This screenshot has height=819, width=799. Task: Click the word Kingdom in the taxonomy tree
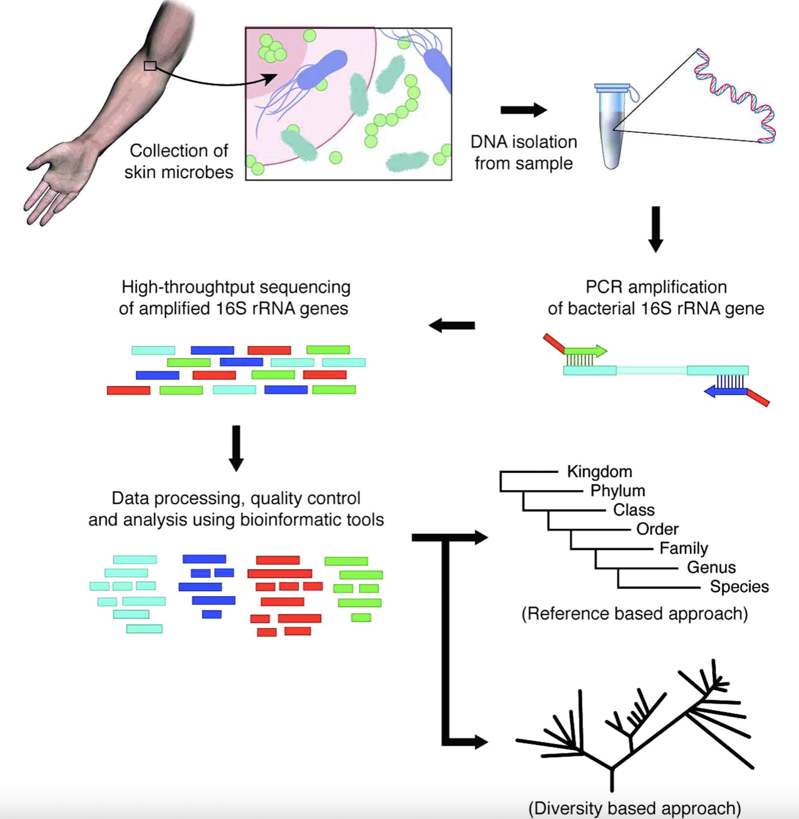click(600, 472)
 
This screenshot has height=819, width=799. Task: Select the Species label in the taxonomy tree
click(739, 587)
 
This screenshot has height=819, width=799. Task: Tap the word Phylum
click(618, 491)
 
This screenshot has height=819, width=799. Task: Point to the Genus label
click(711, 567)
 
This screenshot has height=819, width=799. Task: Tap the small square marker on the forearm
click(150, 66)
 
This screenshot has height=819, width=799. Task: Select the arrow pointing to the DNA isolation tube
click(524, 110)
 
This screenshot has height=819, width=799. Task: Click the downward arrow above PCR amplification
click(656, 229)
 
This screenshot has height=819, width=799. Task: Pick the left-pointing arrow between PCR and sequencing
click(452, 325)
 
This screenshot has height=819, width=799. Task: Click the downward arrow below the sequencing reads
click(236, 448)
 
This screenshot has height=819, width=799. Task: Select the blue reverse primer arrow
click(725, 391)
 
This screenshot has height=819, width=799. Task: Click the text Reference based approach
click(634, 614)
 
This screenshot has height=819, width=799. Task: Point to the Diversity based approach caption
click(634, 808)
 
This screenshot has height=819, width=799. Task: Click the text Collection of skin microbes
click(179, 161)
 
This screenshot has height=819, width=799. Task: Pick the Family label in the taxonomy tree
click(683, 548)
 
